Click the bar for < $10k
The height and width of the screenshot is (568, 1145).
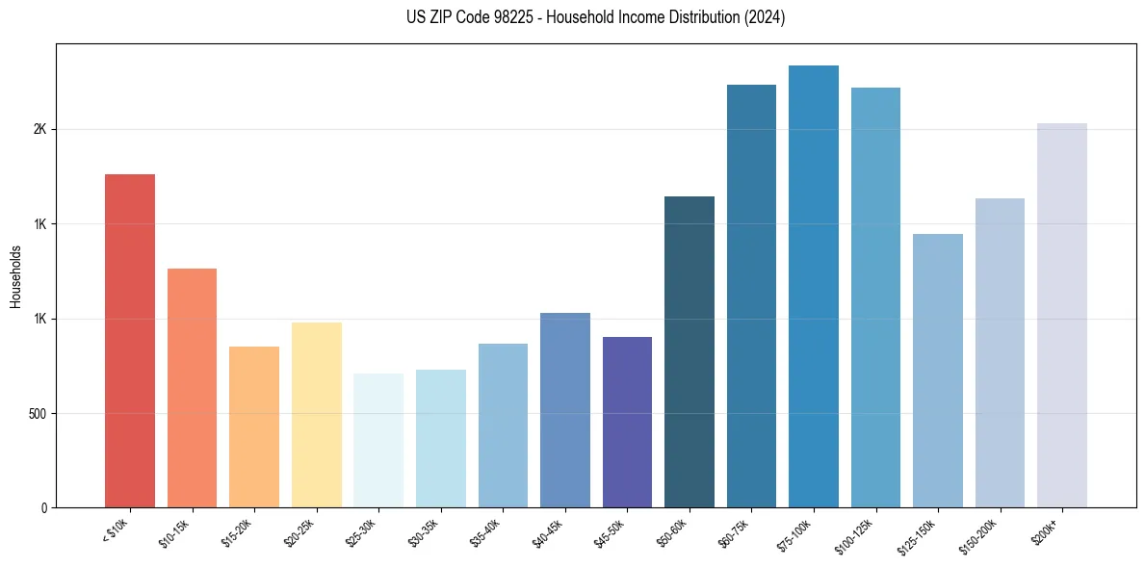pos(129,341)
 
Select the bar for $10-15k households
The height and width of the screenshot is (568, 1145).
pos(192,388)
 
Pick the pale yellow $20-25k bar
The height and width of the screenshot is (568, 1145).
pos(316,415)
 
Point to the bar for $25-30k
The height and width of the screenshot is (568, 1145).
pos(378,440)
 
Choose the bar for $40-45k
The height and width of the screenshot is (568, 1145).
pos(564,410)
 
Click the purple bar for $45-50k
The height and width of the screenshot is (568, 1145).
pos(627,422)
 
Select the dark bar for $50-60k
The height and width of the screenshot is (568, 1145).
pos(690,351)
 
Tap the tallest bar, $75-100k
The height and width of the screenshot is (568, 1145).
pos(814,286)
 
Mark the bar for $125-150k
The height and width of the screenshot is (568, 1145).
pos(938,371)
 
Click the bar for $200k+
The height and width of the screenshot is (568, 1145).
pos(1062,315)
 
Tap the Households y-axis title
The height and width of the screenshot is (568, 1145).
pos(15,276)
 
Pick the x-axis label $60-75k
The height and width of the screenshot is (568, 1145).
pos(740,531)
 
